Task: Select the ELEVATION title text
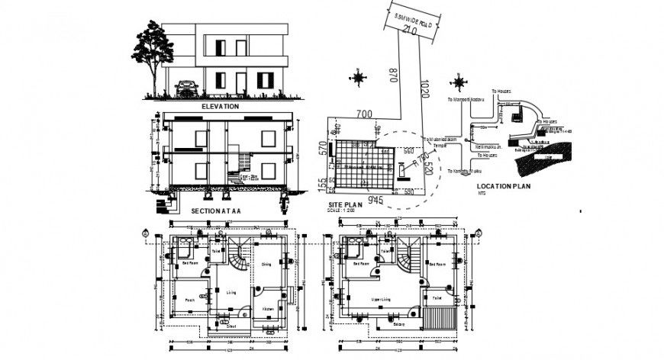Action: (220, 108)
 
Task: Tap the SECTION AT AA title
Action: (215, 211)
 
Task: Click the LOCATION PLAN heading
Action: (503, 185)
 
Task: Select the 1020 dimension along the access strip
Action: (426, 92)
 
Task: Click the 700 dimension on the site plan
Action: (364, 114)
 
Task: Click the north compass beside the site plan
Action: (357, 76)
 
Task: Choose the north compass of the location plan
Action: (459, 80)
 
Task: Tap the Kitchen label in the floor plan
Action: (268, 308)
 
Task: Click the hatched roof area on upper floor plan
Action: (443, 319)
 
